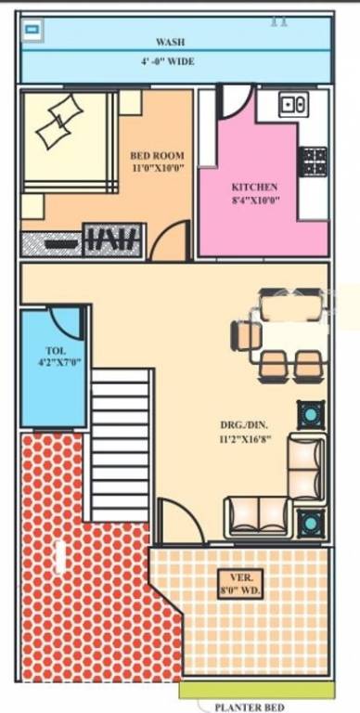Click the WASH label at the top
pyautogui.click(x=170, y=42)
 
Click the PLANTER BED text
pyautogui.click(x=250, y=707)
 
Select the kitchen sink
pyautogui.click(x=294, y=104)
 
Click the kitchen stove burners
pyautogui.click(x=313, y=161)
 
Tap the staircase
pyautogui.click(x=121, y=444)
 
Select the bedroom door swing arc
pyautogui.click(x=170, y=241)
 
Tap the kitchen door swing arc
pyautogui.click(x=234, y=99)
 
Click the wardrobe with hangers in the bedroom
pyautogui.click(x=112, y=240)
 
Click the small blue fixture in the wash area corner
pyautogui.click(x=33, y=29)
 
